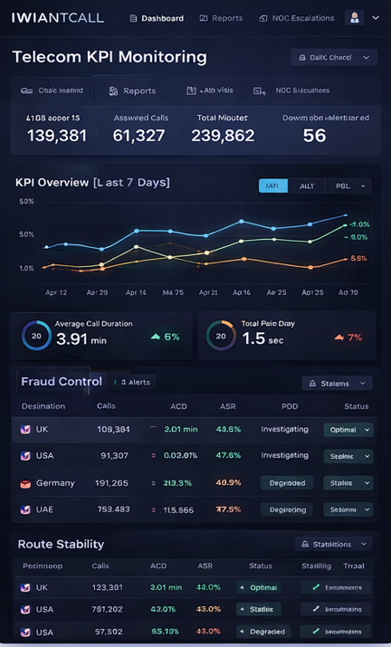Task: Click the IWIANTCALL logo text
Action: click(57, 17)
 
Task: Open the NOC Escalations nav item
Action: click(296, 18)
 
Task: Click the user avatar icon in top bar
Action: click(353, 18)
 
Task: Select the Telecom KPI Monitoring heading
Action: click(110, 57)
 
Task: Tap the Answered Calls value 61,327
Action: click(138, 136)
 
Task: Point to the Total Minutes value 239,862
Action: click(223, 136)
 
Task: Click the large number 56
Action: click(314, 136)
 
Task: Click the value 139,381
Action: click(57, 136)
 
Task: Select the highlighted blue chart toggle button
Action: click(273, 186)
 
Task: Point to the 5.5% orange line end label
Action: click(358, 258)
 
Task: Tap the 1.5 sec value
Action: click(259, 340)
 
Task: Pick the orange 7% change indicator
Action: click(348, 338)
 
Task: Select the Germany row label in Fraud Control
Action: click(55, 483)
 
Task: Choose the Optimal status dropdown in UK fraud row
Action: click(348, 430)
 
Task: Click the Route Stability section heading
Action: click(61, 544)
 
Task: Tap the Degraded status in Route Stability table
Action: click(263, 632)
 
